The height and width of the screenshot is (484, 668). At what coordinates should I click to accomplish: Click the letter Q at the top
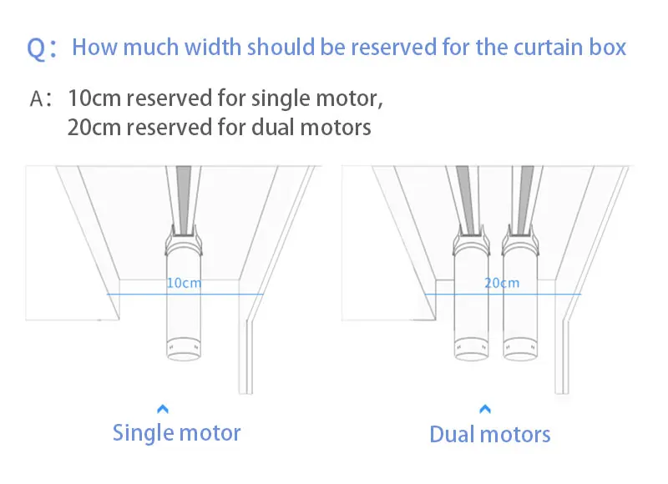(x=38, y=48)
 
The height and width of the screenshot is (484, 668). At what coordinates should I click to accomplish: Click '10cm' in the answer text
(x=93, y=99)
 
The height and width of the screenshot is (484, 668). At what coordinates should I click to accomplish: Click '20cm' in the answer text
(x=93, y=128)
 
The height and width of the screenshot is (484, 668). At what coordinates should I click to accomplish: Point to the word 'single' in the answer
(x=296, y=99)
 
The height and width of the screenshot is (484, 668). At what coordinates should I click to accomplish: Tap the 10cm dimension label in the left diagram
(x=184, y=283)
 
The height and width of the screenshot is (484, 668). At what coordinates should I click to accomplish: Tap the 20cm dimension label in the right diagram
(x=502, y=283)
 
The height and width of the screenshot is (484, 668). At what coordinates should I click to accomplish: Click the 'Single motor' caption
(x=176, y=433)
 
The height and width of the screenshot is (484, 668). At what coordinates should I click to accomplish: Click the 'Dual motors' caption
(x=489, y=435)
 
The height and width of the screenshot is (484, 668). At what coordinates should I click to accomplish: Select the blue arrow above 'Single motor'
(x=164, y=409)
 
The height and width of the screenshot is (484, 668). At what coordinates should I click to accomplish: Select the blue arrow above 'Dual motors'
(x=486, y=409)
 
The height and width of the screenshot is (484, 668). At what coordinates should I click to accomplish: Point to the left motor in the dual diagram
(x=472, y=300)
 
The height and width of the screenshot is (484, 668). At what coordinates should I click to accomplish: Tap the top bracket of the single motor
(x=184, y=242)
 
